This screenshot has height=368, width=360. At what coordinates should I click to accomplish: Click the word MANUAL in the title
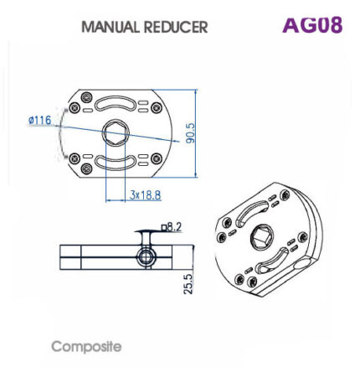point(109,27)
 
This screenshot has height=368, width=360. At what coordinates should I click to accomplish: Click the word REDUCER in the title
point(173,27)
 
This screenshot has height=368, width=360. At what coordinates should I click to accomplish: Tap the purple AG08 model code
point(311,24)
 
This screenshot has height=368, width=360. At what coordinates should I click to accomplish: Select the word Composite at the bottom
point(86,345)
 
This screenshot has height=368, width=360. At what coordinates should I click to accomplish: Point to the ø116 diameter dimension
point(39,121)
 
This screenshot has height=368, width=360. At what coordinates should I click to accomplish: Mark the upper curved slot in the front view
point(115,104)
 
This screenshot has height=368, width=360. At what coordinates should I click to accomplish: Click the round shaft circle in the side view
point(146,256)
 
